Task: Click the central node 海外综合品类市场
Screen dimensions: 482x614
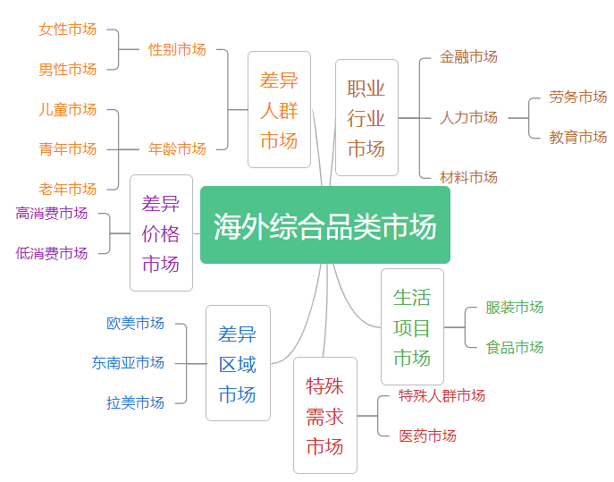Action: [324, 225]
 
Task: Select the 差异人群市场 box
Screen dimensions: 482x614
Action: [279, 110]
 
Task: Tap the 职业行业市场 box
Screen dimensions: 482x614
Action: [366, 118]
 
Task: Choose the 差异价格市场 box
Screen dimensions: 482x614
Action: [161, 233]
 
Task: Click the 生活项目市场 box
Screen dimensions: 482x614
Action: [412, 327]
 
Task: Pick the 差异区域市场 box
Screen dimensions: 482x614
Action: [238, 363]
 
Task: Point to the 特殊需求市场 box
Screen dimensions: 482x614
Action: [325, 416]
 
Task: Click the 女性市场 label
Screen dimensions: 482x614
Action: [68, 29]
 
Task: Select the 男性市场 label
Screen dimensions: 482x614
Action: [68, 69]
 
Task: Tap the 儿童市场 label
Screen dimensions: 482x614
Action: [68, 109]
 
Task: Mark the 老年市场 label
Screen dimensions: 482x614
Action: [68, 189]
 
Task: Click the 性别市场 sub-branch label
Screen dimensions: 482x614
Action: [177, 49]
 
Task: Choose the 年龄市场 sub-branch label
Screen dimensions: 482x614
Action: [177, 148]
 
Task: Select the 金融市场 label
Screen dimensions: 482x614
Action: [469, 56]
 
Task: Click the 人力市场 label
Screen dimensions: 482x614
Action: [469, 117]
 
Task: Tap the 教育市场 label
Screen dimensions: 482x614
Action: [578, 137]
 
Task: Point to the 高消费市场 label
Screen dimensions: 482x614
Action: [52, 213]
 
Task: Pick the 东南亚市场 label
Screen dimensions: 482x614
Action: [128, 362]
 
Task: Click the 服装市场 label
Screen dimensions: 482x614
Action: [515, 307]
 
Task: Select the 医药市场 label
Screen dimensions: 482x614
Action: [427, 435]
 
